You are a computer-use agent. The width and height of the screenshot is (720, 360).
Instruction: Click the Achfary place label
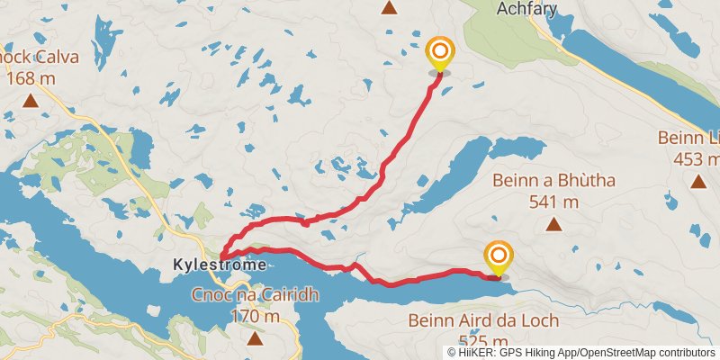pyautogui.click(x=526, y=9)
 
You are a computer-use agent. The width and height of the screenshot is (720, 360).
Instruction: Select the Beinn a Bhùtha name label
pyautogui.click(x=553, y=181)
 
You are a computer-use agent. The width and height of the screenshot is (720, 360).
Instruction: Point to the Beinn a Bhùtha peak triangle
pyautogui.click(x=553, y=224)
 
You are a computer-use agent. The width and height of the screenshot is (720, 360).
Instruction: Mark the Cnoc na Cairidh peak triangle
pyautogui.click(x=256, y=338)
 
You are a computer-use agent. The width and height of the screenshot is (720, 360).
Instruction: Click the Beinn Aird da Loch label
pyautogui.click(x=483, y=320)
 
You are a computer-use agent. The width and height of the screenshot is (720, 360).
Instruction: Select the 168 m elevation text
pyautogui.click(x=31, y=77)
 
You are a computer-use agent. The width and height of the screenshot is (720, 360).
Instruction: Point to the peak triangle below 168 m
pyautogui.click(x=31, y=100)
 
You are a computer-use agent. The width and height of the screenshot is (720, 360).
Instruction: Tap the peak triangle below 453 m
pyautogui.click(x=697, y=181)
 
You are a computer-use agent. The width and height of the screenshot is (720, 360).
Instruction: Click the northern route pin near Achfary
pyautogui.click(x=439, y=54)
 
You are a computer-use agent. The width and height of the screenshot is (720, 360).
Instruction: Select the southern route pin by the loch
pyautogui.click(x=497, y=259)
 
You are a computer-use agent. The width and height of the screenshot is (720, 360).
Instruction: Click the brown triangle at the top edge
pyautogui.click(x=389, y=8)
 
